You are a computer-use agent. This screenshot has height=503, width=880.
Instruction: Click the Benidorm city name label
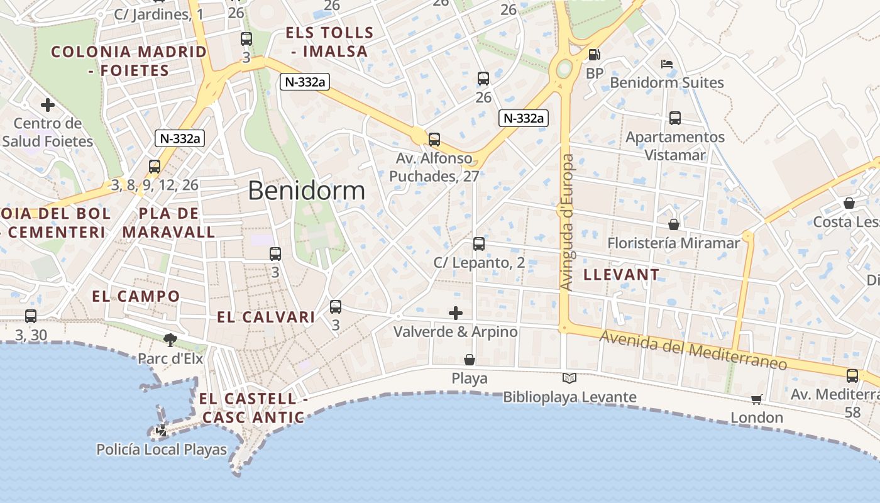pos(306,191)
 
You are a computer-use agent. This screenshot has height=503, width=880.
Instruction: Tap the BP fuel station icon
pos(594,55)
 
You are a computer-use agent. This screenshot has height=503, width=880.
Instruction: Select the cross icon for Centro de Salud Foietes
pos(47,105)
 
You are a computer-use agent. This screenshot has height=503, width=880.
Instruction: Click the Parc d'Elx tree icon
pos(170,340)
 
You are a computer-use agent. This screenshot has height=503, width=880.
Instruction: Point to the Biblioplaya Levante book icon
pos(569,379)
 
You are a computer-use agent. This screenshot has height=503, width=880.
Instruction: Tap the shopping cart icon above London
pos(757,400)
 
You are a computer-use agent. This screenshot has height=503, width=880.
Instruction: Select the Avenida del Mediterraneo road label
pos(693,351)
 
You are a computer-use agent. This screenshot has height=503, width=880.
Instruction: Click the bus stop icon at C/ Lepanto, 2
pos(479,244)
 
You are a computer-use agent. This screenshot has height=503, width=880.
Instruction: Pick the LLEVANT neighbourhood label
pos(621,274)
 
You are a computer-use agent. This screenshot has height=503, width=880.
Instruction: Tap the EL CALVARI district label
pos(266,317)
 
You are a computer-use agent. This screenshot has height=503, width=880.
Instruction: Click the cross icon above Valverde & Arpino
pos(456,312)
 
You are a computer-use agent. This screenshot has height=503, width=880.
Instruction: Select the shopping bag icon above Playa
pos(469,360)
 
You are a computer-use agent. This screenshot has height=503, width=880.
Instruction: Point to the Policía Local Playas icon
pos(162,431)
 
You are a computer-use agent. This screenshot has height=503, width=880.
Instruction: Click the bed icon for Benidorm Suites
pos(667,64)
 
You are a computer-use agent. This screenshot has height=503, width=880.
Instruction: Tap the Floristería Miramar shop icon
pos(674,224)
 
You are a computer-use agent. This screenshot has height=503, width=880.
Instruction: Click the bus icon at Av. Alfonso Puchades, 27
pos(434,140)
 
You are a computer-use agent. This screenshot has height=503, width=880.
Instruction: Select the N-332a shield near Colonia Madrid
pos(180,138)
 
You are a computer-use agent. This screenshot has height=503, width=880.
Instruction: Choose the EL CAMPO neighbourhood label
pos(136,296)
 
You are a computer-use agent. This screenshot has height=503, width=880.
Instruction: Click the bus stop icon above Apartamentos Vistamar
pos(675,118)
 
